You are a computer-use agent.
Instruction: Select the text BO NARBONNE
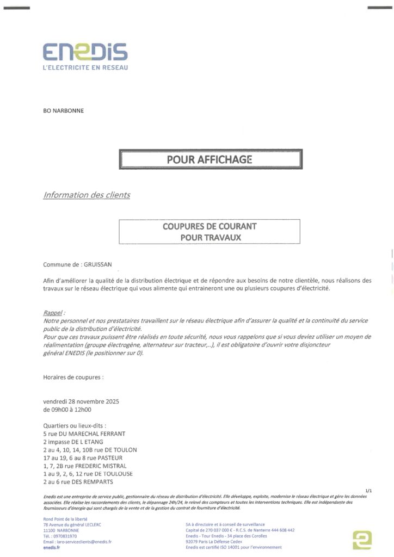(x=64, y=111)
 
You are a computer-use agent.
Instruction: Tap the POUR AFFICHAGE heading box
(x=210, y=159)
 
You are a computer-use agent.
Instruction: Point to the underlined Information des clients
(x=87, y=195)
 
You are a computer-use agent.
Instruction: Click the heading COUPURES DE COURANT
(x=210, y=225)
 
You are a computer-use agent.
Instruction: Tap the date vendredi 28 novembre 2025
(x=81, y=401)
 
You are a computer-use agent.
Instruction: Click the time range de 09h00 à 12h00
(x=67, y=410)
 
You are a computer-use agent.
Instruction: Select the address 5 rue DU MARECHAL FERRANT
(x=84, y=434)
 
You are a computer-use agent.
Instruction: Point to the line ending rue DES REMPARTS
(x=78, y=481)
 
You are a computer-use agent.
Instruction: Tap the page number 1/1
(x=370, y=490)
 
